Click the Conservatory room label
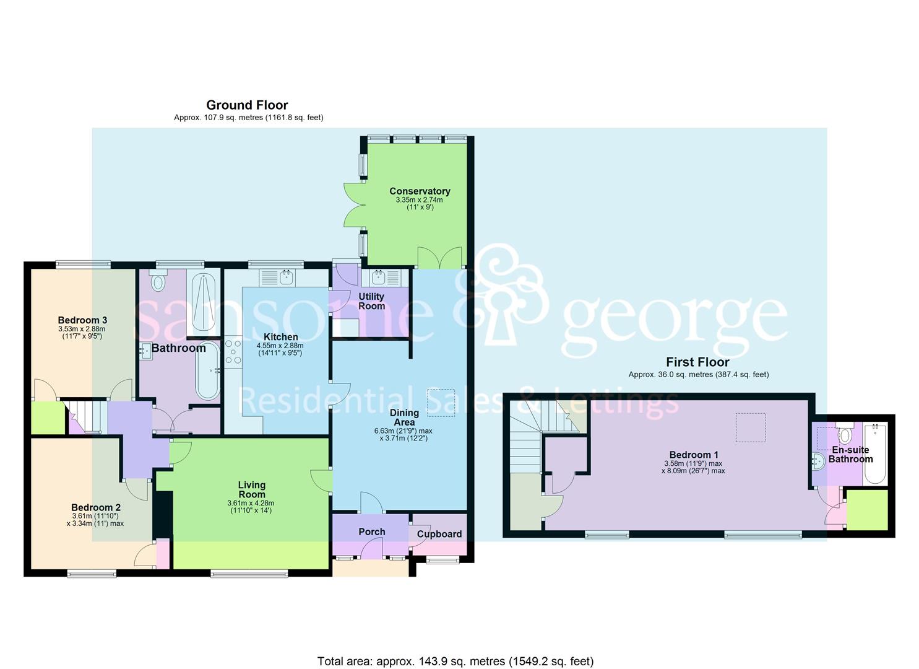point(419,191)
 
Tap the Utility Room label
point(371,301)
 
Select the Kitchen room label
point(281,337)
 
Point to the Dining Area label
point(404,418)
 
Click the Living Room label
point(251,489)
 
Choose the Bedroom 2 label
point(95,507)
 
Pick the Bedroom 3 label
point(82,320)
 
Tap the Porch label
point(371,531)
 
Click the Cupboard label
point(439,534)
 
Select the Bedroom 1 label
point(693,455)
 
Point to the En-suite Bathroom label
point(850,454)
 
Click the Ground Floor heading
point(247,105)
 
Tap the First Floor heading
point(697,362)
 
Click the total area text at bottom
point(455,661)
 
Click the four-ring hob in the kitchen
point(233,351)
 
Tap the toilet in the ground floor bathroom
point(158,282)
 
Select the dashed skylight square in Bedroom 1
point(750,427)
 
